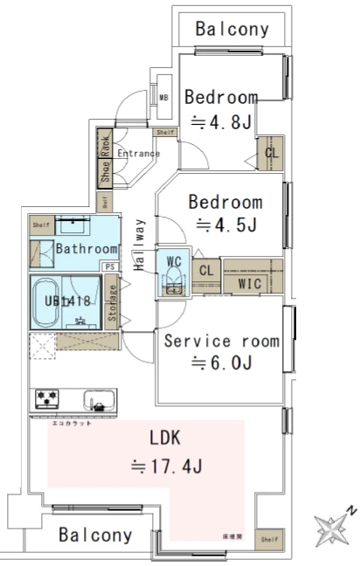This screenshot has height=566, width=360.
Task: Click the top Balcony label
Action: coord(232,29)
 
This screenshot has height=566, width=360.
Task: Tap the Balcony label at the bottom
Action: coord(95,535)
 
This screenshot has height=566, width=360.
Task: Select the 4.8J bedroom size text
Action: coord(222,123)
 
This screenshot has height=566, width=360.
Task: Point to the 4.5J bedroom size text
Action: coord(225,225)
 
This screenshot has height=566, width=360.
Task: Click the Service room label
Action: coord(222,341)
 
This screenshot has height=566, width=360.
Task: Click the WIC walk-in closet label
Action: coord(251,283)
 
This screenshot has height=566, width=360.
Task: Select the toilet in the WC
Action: coord(174,282)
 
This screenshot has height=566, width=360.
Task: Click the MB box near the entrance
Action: coord(163,97)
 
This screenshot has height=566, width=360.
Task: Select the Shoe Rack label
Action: coord(104,160)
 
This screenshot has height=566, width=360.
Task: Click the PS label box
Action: coord(110,267)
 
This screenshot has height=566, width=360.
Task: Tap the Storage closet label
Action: coord(112,302)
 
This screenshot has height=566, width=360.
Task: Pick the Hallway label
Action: coord(140,245)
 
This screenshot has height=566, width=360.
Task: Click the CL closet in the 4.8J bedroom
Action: coord(272,155)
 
